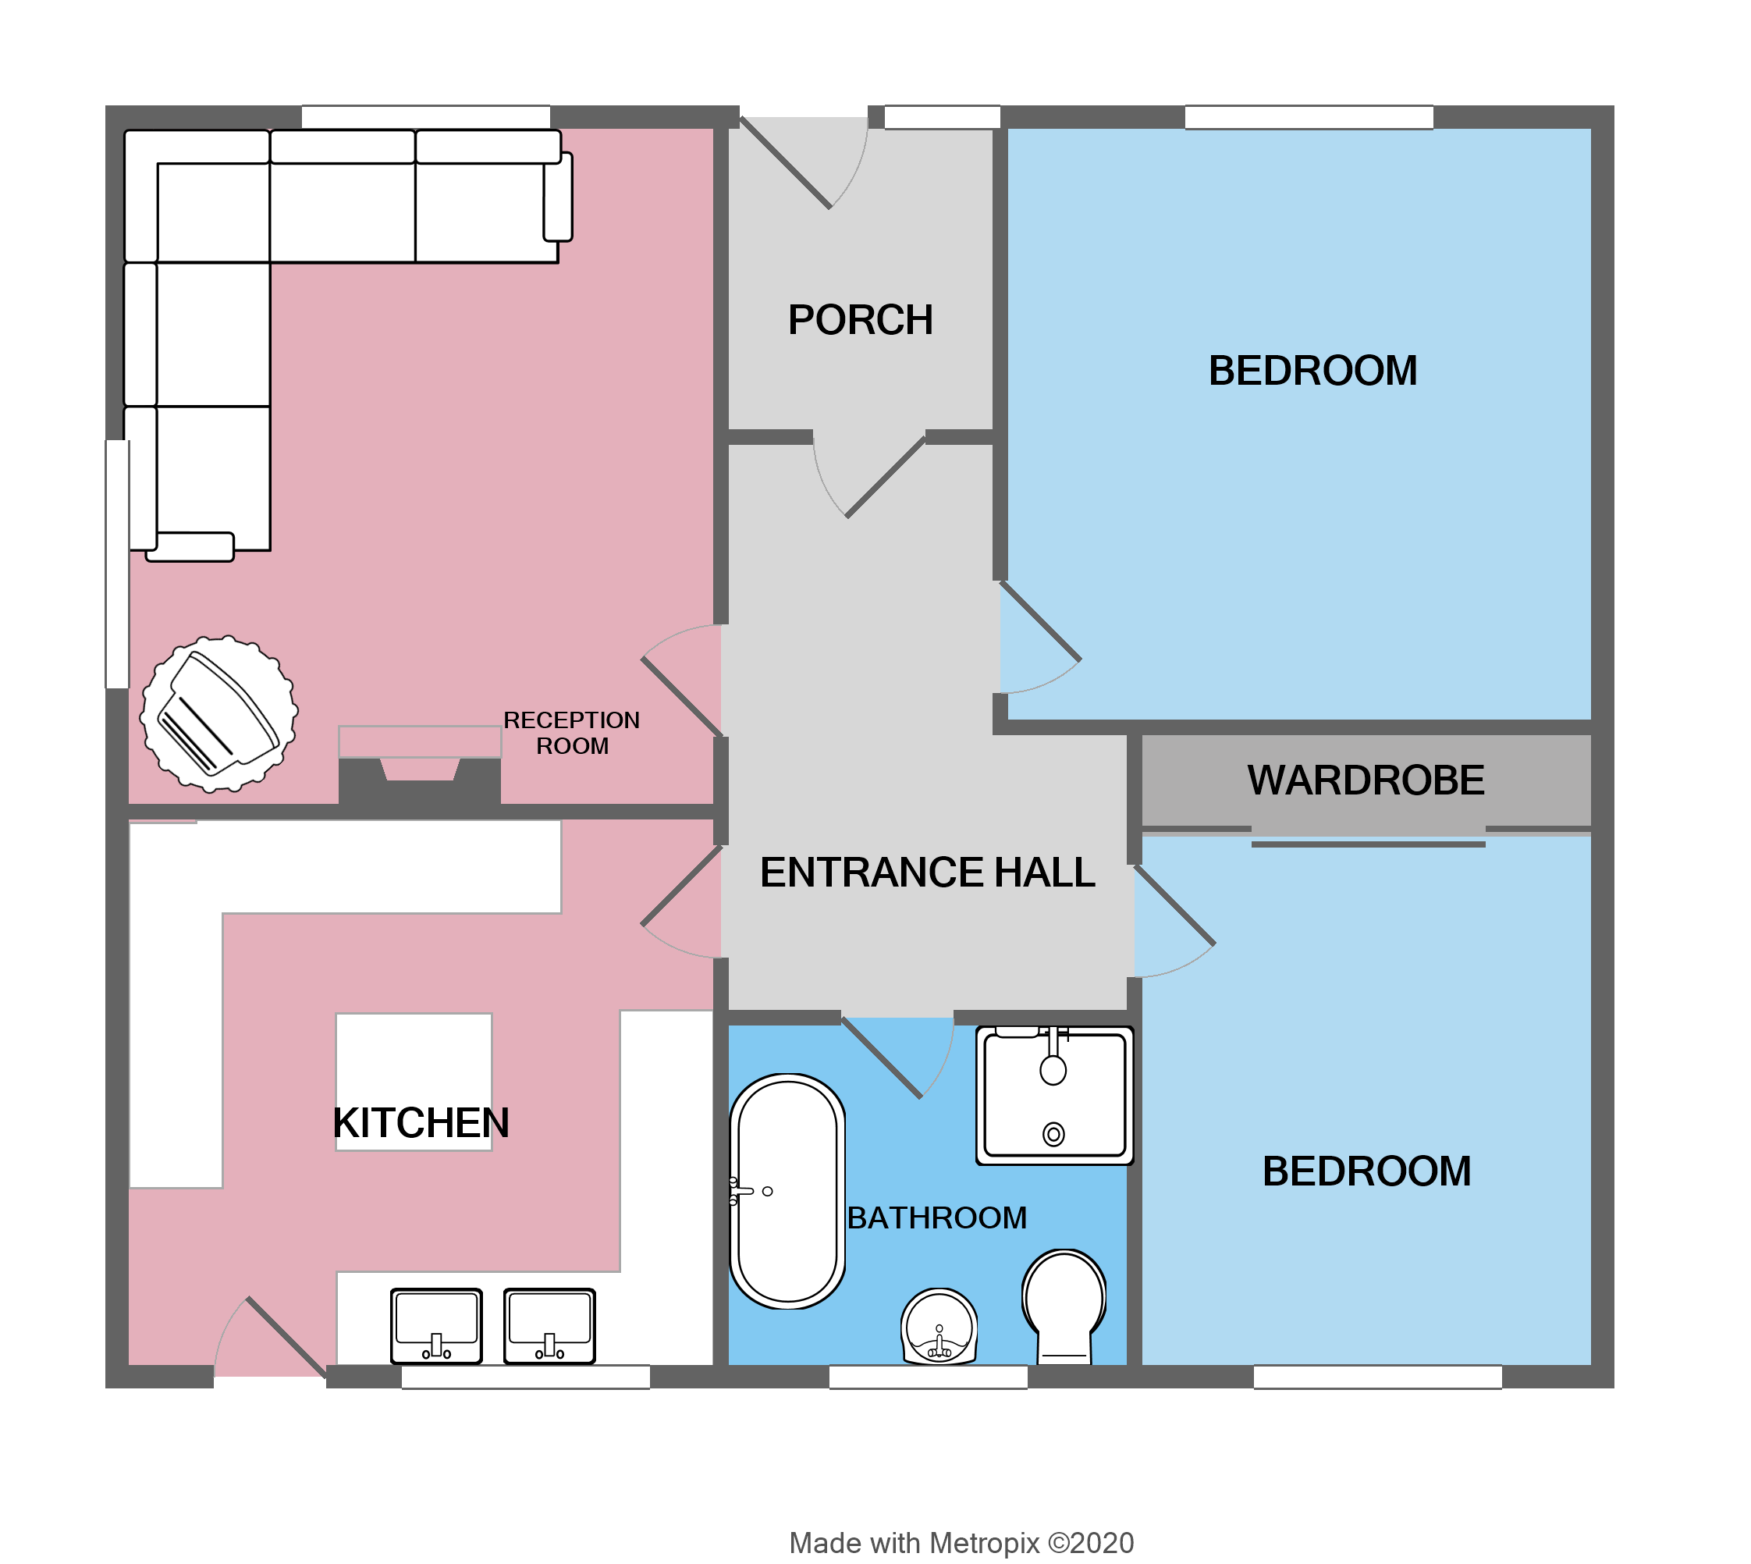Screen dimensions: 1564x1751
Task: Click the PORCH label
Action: click(x=860, y=320)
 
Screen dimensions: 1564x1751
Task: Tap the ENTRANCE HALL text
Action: click(x=927, y=873)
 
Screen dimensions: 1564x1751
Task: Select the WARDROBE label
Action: click(x=1366, y=780)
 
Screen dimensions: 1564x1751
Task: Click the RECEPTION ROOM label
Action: click(x=571, y=733)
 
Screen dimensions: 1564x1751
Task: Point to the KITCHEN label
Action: click(x=421, y=1123)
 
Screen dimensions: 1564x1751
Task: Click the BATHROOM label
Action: click(x=936, y=1217)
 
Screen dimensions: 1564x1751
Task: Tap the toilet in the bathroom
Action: click(x=1064, y=1307)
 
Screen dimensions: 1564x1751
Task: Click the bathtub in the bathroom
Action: click(x=787, y=1191)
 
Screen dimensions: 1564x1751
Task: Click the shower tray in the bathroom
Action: click(x=1054, y=1096)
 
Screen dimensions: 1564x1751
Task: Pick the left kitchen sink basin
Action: click(x=435, y=1325)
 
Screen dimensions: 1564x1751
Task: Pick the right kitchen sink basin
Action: click(x=549, y=1325)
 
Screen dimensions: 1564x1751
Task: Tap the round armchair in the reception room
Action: click(x=219, y=713)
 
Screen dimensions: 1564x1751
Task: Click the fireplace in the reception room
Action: click(x=419, y=765)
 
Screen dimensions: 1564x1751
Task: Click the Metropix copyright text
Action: click(x=961, y=1542)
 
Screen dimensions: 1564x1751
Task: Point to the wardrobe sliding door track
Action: click(x=1368, y=844)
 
